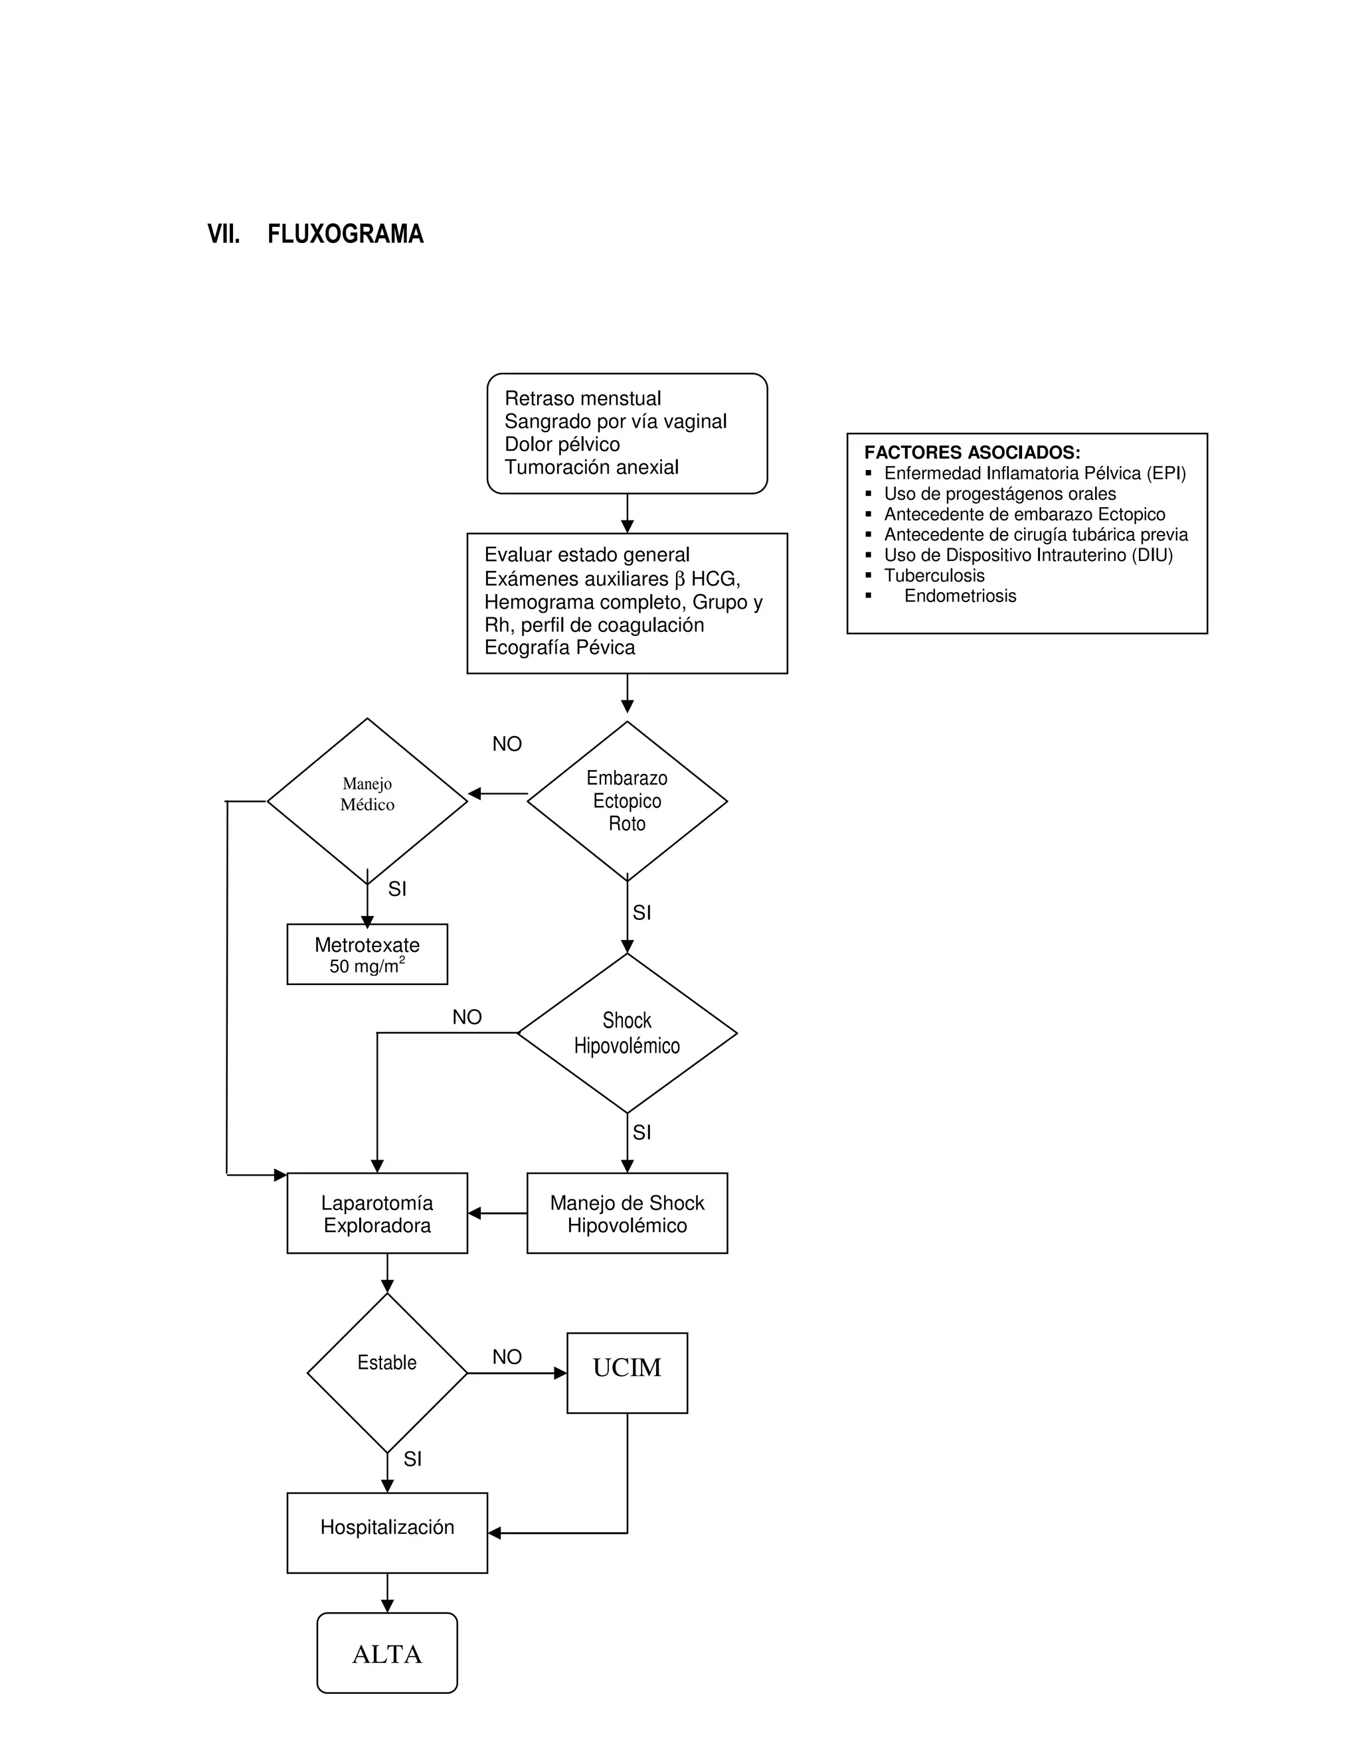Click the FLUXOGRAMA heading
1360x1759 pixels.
point(345,234)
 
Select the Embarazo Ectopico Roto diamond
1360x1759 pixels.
point(627,801)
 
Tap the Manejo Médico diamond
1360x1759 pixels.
point(367,801)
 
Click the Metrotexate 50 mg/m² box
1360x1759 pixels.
point(367,955)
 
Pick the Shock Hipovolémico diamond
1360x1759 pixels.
point(627,1033)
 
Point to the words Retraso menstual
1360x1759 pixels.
point(582,399)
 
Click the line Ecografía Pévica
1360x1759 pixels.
point(559,648)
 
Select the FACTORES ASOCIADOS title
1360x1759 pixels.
point(972,453)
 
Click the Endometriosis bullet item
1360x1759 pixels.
point(960,596)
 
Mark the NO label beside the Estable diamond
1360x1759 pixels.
point(507,1357)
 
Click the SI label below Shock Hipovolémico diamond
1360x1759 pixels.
point(641,1133)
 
